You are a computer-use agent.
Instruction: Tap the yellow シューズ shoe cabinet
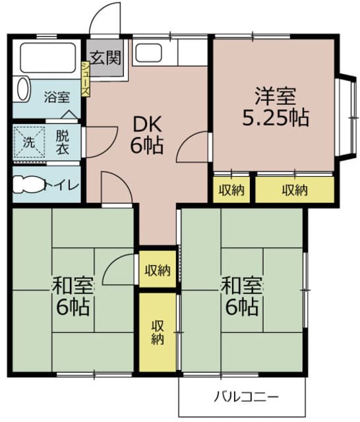coord(86,80)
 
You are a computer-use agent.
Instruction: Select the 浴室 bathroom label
coord(57,97)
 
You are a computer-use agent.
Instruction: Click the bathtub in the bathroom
coord(49,58)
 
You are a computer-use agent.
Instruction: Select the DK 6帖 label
coord(147,134)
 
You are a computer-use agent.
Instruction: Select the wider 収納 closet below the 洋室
coord(294,191)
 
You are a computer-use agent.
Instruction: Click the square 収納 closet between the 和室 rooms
coord(158,269)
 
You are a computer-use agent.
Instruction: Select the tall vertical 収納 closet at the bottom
coord(158,332)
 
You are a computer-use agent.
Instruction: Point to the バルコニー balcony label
coord(246,398)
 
